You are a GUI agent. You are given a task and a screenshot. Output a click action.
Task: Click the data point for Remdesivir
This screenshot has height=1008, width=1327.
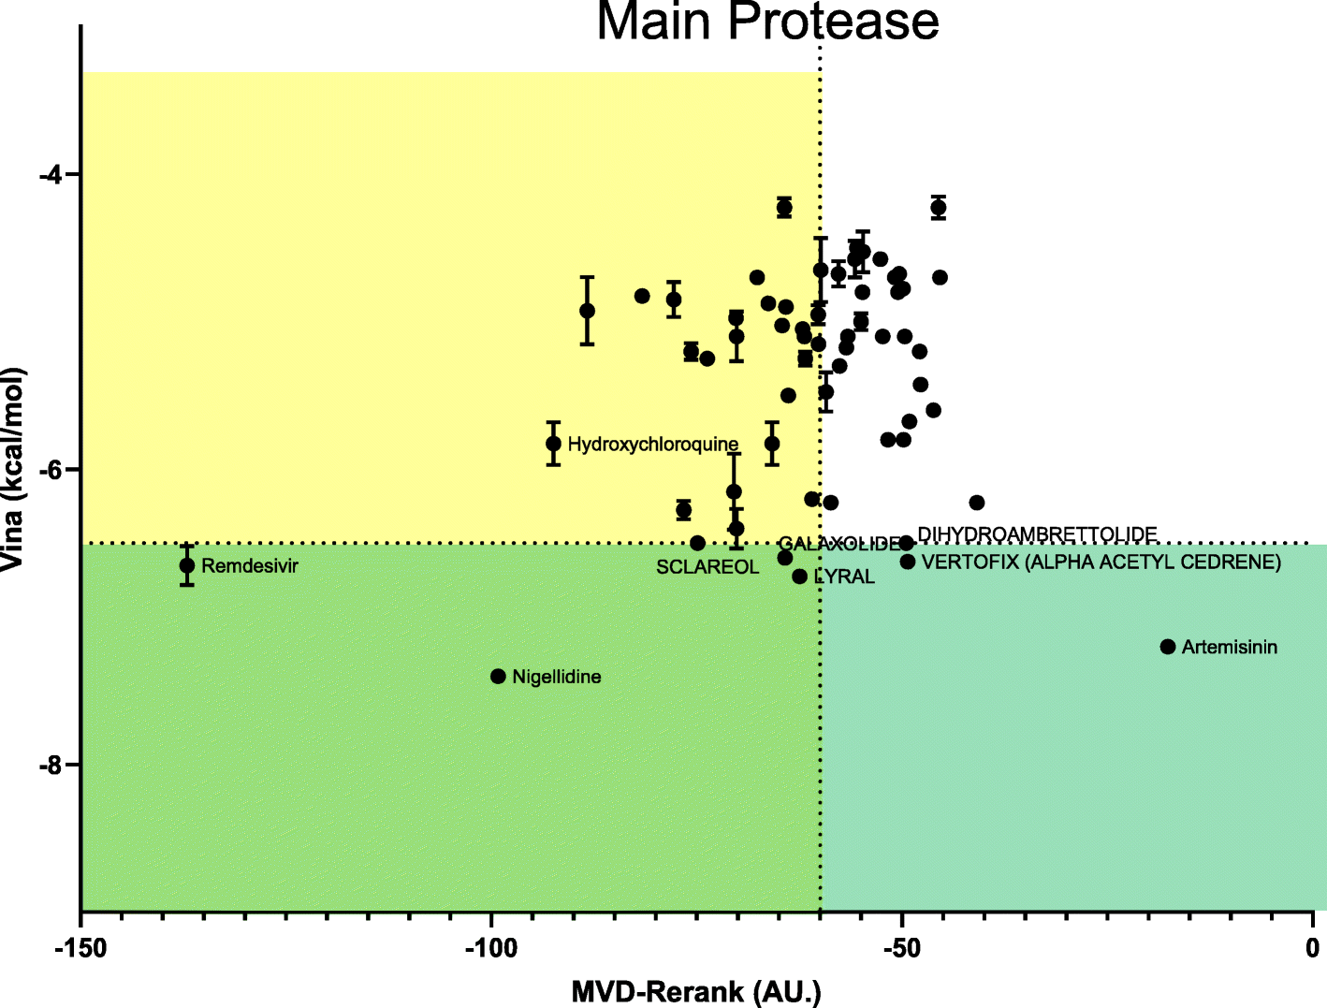[187, 565]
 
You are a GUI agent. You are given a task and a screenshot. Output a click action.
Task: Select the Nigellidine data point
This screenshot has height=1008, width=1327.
[498, 677]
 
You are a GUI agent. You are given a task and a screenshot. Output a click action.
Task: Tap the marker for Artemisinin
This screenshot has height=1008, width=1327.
[1168, 647]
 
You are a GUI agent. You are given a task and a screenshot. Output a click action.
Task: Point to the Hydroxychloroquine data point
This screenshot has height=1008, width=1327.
[553, 444]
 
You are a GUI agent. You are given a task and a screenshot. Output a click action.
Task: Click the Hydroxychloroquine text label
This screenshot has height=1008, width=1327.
[653, 445]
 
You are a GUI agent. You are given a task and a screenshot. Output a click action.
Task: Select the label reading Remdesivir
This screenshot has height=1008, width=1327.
[250, 566]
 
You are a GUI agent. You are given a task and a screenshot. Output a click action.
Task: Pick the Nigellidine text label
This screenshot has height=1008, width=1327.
[557, 677]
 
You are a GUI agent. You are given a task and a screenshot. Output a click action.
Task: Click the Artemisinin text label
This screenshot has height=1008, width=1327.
[1230, 648]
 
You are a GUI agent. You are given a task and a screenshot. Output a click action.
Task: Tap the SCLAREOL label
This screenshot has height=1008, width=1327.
[707, 567]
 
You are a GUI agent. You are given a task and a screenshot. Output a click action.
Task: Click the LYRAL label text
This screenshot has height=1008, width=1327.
[844, 577]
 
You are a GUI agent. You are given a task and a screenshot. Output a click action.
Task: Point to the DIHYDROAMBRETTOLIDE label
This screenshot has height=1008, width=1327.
[1037, 534]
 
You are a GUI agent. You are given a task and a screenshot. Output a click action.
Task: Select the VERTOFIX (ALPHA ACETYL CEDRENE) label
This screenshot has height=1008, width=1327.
[1101, 562]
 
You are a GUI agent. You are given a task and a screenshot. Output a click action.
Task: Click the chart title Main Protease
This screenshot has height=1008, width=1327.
[767, 21]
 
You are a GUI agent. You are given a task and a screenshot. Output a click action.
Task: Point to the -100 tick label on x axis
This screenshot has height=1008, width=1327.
[490, 949]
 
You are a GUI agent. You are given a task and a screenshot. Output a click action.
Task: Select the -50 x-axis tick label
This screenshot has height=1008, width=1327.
[901, 949]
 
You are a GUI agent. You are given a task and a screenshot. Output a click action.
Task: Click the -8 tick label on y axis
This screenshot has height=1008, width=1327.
[51, 766]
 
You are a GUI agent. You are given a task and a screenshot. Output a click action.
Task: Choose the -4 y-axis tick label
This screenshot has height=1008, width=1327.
[51, 175]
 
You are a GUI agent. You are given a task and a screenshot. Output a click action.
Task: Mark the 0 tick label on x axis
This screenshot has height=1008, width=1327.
[1313, 949]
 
